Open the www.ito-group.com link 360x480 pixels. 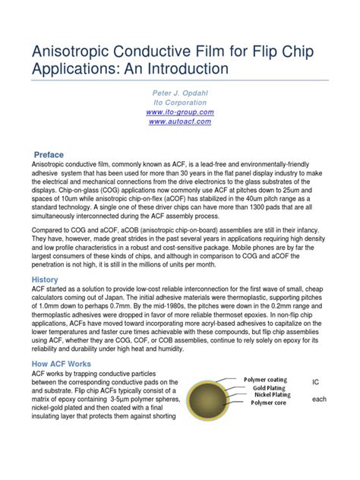click(x=180, y=111)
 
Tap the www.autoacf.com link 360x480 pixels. click(x=180, y=121)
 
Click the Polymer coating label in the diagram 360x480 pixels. click(x=265, y=379)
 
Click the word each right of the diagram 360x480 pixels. click(x=319, y=400)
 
